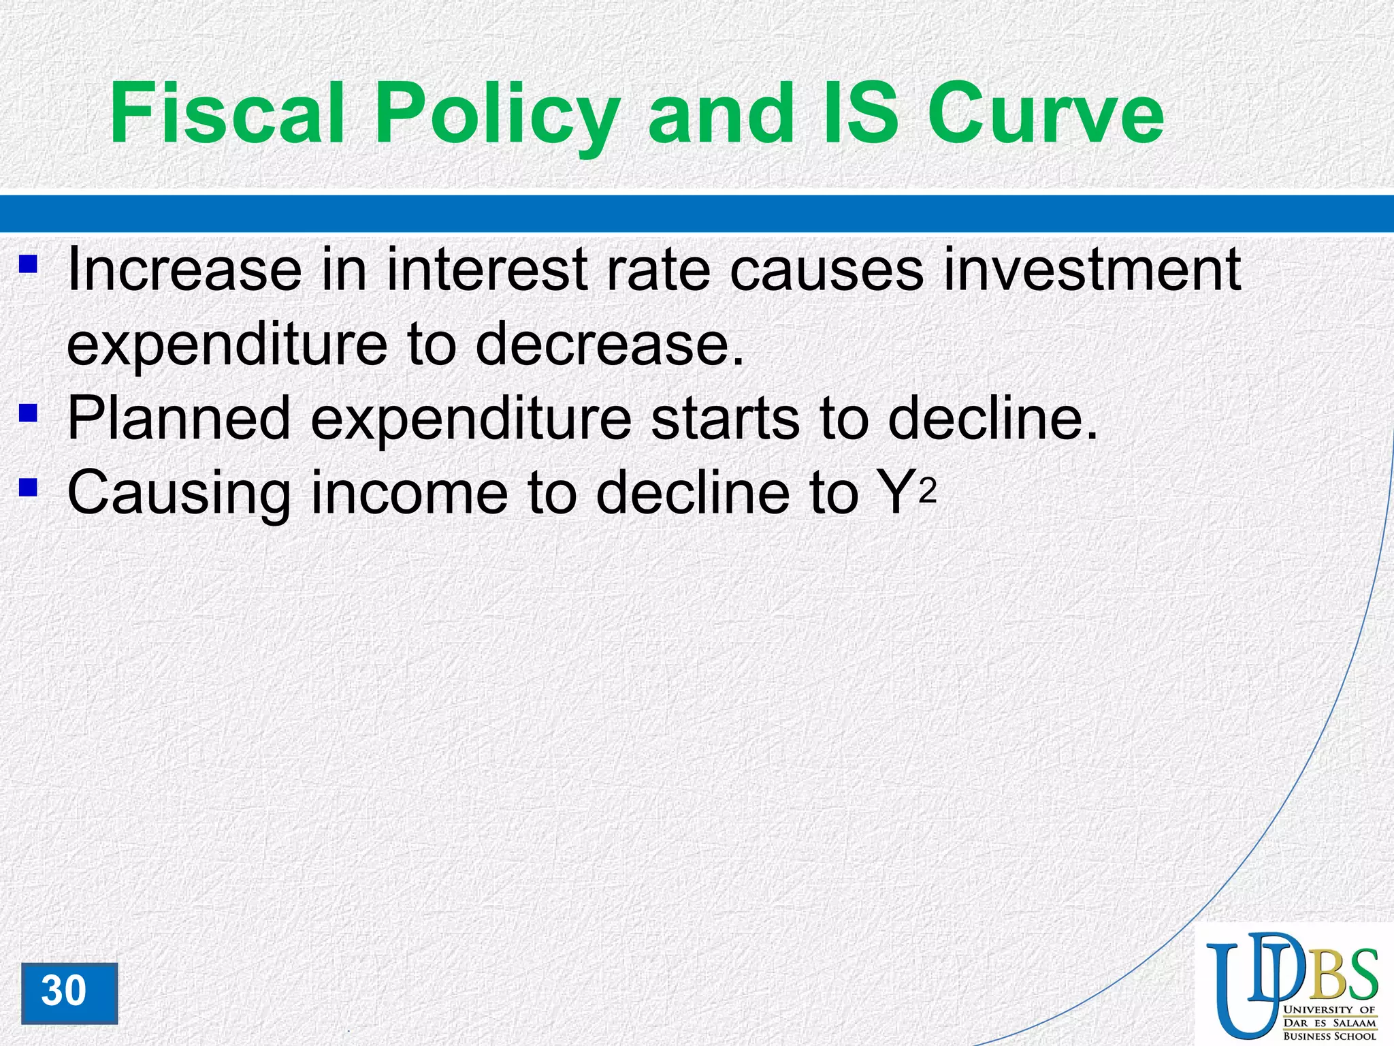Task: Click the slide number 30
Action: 65,991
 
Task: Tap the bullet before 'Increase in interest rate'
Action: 28,264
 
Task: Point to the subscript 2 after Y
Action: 928,492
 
